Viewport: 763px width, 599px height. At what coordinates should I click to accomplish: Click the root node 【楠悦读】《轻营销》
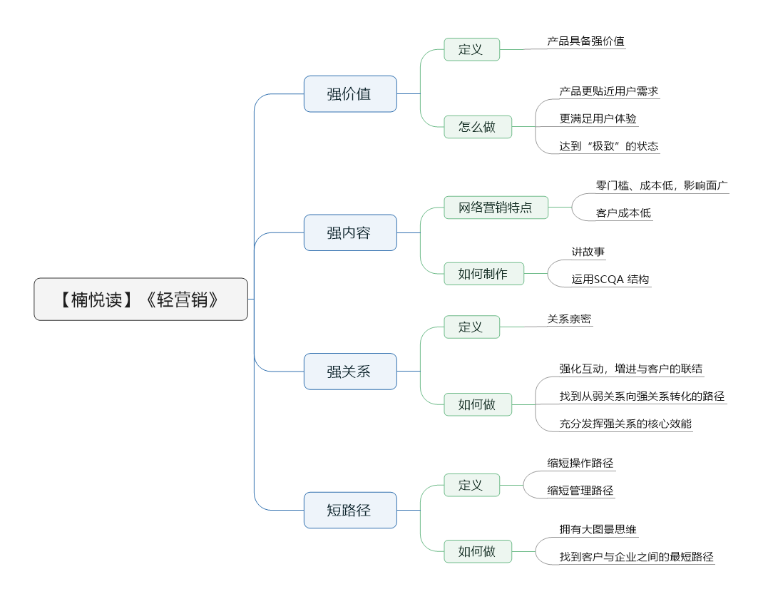(x=140, y=299)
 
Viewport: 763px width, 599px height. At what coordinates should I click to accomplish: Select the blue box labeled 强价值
(x=350, y=94)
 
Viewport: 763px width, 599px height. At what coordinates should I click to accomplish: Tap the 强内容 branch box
(x=350, y=232)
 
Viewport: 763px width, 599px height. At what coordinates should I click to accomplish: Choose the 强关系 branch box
(x=350, y=372)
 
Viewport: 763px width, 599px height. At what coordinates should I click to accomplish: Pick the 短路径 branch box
(x=350, y=510)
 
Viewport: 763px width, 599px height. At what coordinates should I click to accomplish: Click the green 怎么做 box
(x=478, y=127)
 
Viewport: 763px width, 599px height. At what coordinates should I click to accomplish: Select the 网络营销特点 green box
(x=496, y=208)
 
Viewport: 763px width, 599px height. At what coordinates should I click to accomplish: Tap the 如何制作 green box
(x=483, y=273)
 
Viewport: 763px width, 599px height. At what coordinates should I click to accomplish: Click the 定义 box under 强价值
(x=471, y=49)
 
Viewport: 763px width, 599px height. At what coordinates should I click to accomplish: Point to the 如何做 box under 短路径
(x=478, y=551)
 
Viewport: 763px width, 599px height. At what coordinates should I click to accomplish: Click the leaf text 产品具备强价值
(x=586, y=41)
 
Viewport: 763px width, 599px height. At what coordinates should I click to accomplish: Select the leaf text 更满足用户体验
(x=598, y=118)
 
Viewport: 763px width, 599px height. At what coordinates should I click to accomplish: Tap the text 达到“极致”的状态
(x=609, y=146)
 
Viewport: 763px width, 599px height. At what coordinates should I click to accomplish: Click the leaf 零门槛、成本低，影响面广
(x=662, y=185)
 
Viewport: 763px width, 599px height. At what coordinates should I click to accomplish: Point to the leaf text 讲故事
(x=588, y=252)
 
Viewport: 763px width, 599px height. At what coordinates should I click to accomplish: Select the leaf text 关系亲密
(x=569, y=319)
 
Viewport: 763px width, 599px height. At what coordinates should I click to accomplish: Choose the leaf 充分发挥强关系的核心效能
(x=625, y=424)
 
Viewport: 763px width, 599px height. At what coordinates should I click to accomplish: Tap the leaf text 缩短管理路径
(x=580, y=491)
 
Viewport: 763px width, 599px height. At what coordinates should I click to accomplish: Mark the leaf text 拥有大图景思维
(x=598, y=529)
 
